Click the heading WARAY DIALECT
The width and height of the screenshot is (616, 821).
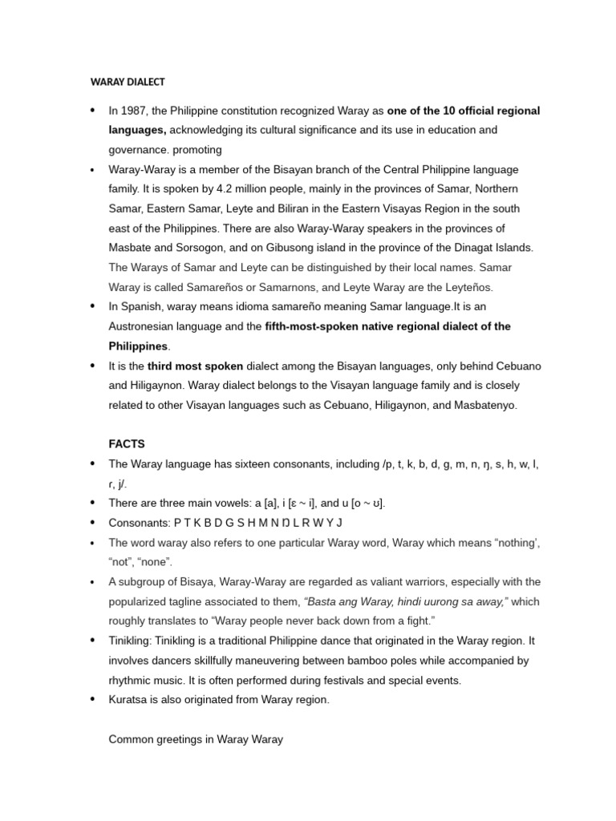(126, 81)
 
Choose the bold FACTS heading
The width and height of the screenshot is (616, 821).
(127, 443)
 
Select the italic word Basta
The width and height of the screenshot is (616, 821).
(321, 601)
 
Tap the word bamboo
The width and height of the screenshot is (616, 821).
(407, 661)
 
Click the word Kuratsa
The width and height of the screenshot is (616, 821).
(129, 699)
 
